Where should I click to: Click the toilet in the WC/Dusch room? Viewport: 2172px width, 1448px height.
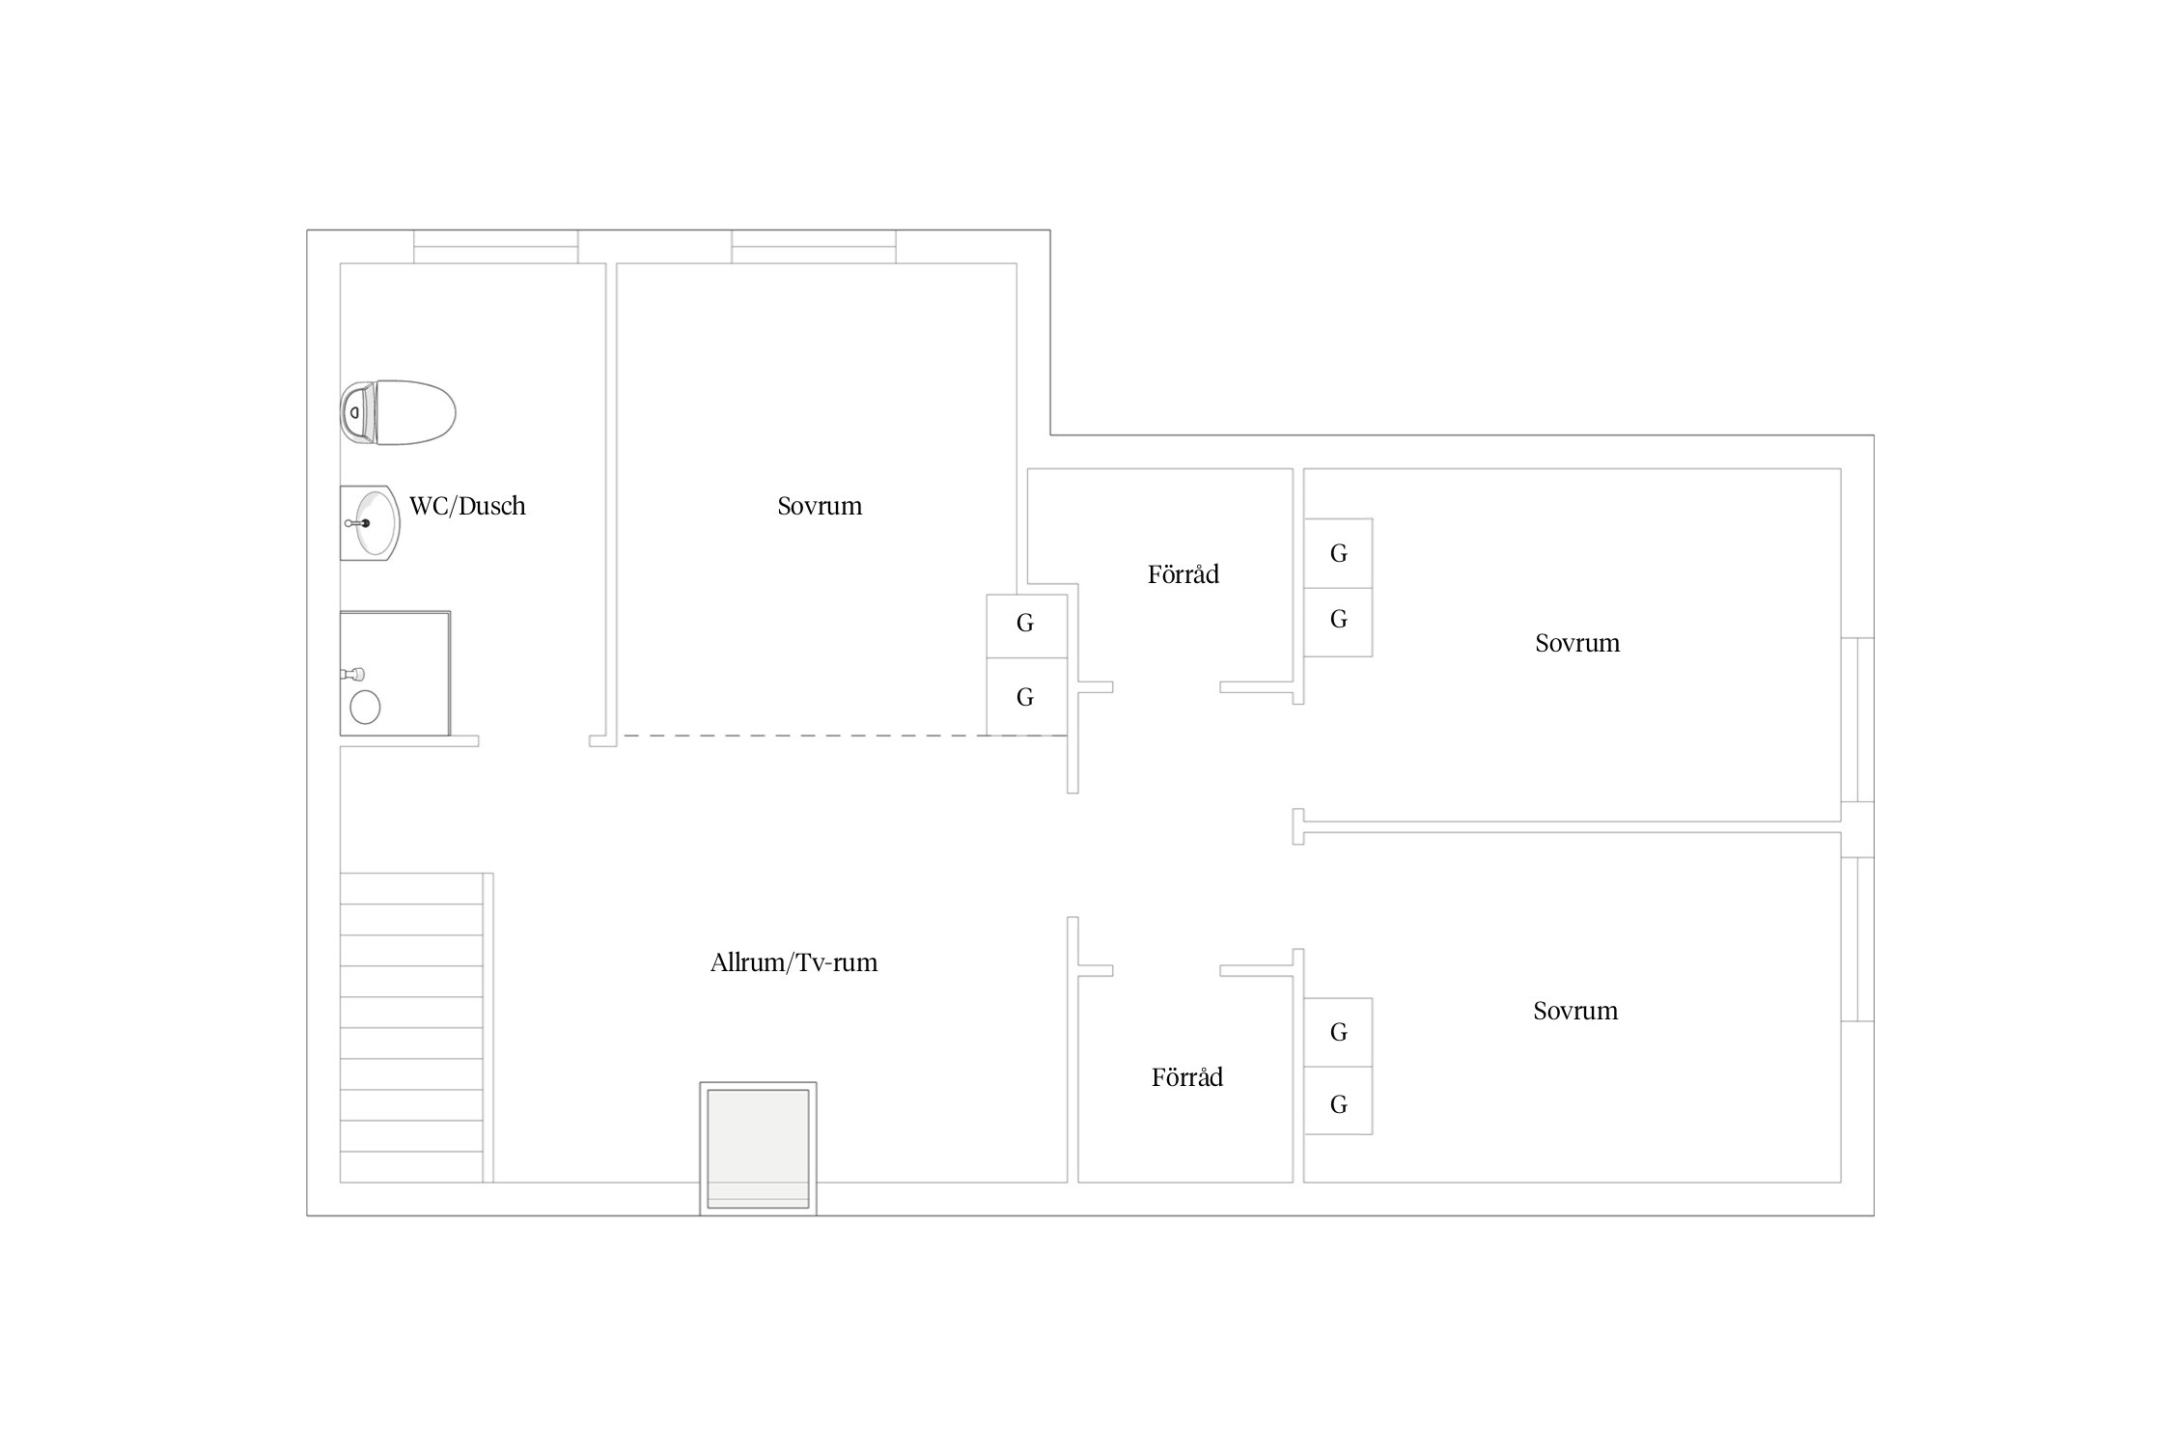pos(397,412)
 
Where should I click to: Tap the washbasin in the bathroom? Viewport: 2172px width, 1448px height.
pos(370,523)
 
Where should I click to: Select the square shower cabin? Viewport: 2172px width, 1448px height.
pos(395,673)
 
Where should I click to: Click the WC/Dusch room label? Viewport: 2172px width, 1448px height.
pos(467,506)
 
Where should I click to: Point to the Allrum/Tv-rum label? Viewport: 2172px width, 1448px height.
pos(794,962)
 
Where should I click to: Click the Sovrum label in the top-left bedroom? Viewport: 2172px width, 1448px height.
pos(820,506)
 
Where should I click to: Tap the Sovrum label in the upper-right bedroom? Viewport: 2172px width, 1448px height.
pos(1577,643)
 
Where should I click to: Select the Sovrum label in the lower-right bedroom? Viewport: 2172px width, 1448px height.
pos(1575,1011)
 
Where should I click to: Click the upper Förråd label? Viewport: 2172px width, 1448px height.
pos(1183,574)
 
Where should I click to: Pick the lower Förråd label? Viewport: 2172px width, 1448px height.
pos(1187,1077)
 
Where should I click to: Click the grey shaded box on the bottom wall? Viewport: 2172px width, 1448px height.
pos(758,1149)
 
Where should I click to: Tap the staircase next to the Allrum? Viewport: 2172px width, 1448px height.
pos(416,1028)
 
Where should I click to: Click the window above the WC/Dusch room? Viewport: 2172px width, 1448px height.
pos(496,246)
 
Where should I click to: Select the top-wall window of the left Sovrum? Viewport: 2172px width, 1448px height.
pos(814,246)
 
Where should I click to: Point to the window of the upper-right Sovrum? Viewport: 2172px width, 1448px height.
pos(1857,720)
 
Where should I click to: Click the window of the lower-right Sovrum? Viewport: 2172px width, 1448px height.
pos(1857,939)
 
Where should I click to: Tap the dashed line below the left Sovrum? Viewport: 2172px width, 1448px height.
pos(846,736)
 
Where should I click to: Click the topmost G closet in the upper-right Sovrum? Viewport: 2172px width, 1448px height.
pos(1338,553)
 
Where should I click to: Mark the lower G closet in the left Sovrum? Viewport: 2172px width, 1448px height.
pos(1026,697)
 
